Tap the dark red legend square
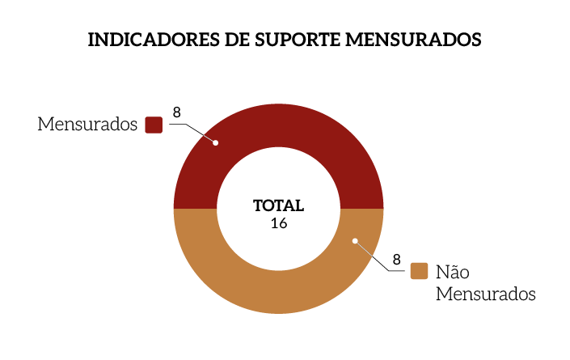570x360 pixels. (x=154, y=125)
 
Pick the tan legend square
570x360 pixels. (x=419, y=271)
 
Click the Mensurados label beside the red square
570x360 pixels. (x=87, y=125)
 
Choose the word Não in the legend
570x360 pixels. (x=453, y=271)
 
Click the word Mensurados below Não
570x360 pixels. (x=485, y=294)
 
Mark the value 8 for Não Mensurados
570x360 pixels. (x=397, y=260)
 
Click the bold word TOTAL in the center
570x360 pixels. (x=278, y=205)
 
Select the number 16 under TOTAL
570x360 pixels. (x=279, y=223)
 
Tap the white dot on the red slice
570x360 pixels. (x=215, y=142)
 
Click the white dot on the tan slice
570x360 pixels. (x=355, y=240)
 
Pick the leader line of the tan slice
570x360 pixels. (x=374, y=258)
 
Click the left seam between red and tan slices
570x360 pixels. (x=196, y=209)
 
